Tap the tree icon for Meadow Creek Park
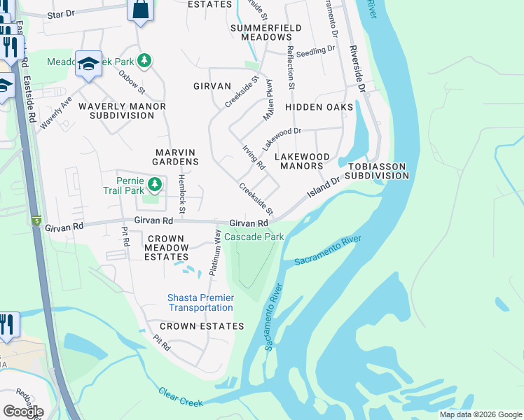144,61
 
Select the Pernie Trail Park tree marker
155,185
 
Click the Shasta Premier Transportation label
200,302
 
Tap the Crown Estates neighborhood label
202,326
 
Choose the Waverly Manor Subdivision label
122,111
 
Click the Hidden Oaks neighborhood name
318,107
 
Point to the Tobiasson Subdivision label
378,171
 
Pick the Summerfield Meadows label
261,32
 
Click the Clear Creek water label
180,397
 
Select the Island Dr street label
325,185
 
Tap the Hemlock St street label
181,195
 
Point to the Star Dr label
60,15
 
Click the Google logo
23,412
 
